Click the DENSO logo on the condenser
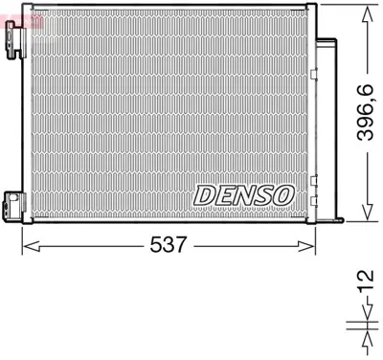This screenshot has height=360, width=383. [243, 193]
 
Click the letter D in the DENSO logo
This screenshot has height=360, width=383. [205, 193]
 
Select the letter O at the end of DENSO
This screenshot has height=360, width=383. [281, 193]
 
